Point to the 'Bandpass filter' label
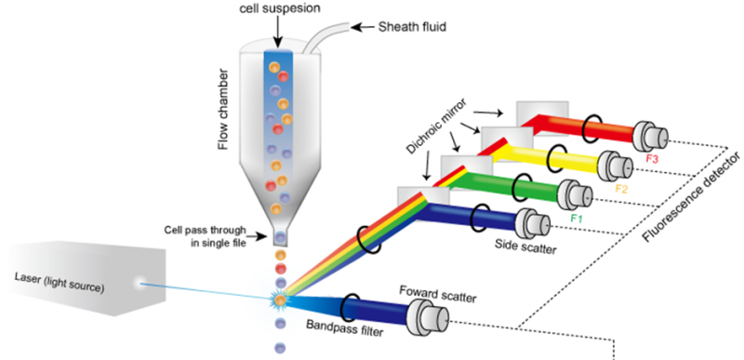click(349, 327)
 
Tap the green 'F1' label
click(576, 219)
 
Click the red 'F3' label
click(661, 158)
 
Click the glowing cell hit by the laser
click(278, 300)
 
